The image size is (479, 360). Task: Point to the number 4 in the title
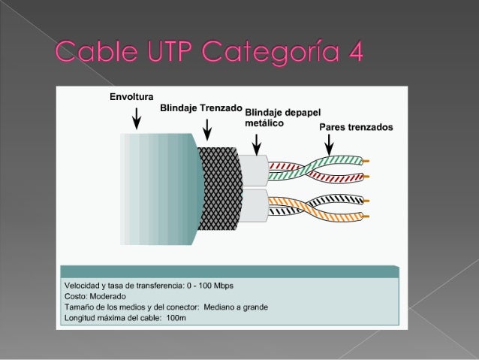click(354, 53)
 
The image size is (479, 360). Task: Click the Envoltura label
click(131, 97)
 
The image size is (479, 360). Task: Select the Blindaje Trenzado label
click(201, 108)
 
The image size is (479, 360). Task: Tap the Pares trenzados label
click(356, 127)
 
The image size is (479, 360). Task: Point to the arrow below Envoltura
click(136, 117)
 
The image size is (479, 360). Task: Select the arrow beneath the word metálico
click(257, 143)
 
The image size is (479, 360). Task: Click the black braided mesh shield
click(218, 188)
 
